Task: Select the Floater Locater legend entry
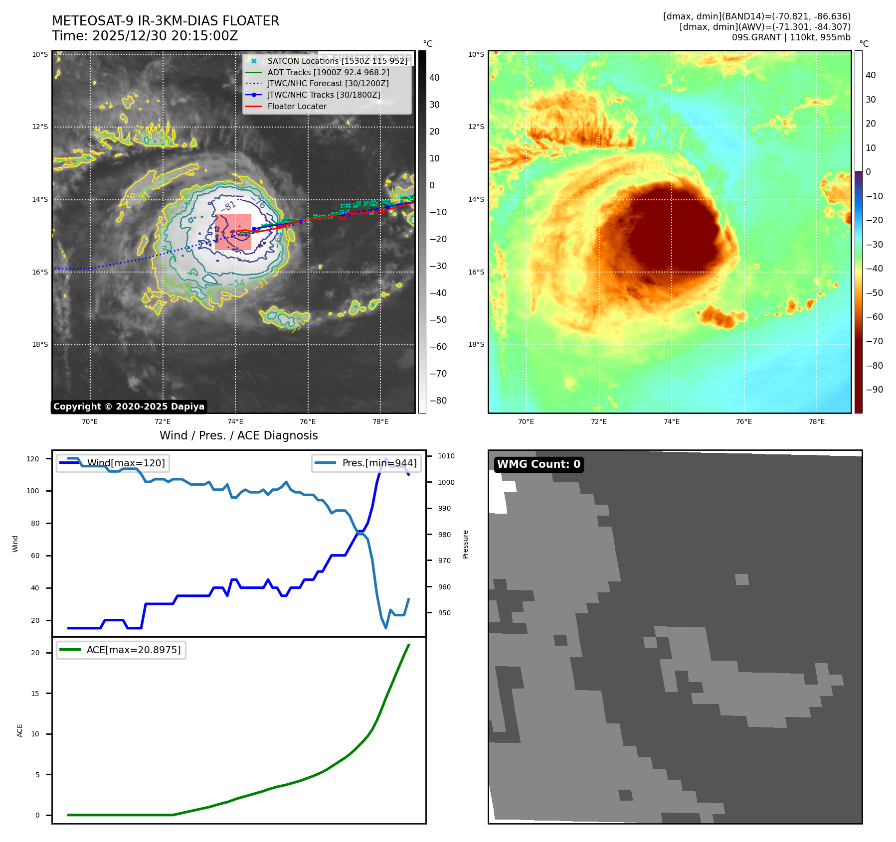(x=297, y=106)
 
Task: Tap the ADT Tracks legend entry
(x=328, y=72)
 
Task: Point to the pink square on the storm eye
(x=233, y=232)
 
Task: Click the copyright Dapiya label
(x=129, y=407)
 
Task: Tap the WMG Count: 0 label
(x=538, y=464)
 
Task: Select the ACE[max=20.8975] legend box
(x=121, y=650)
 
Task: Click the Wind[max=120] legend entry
(x=114, y=463)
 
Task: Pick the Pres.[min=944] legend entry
(x=367, y=463)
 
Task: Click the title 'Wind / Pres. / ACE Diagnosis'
(x=238, y=435)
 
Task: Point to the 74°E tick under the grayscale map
(x=235, y=421)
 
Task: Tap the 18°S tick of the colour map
(x=476, y=344)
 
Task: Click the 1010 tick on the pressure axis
(x=446, y=456)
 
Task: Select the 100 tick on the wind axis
(x=32, y=491)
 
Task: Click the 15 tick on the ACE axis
(x=35, y=693)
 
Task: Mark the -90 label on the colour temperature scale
(x=874, y=390)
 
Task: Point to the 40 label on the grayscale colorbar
(x=434, y=78)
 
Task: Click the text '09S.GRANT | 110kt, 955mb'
(x=791, y=37)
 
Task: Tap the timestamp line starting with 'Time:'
(x=145, y=36)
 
